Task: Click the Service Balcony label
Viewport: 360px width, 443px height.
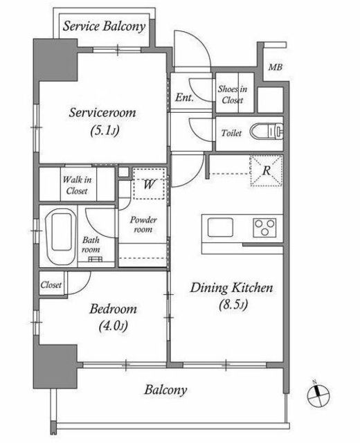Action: click(104, 26)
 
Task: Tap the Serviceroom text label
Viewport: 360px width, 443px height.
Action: click(102, 113)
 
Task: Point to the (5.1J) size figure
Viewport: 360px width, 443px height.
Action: click(105, 131)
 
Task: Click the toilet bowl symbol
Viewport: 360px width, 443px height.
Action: click(267, 132)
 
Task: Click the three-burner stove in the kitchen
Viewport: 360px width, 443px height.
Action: click(264, 228)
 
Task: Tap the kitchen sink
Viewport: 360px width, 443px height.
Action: click(220, 227)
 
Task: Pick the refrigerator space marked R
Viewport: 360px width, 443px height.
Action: click(266, 171)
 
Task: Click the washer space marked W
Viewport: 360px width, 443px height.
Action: click(149, 184)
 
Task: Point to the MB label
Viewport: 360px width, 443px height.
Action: click(276, 67)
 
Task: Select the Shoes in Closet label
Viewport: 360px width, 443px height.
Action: click(233, 95)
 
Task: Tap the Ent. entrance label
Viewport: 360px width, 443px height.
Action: click(185, 98)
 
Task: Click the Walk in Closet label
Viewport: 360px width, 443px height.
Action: click(77, 185)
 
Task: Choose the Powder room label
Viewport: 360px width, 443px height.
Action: click(143, 224)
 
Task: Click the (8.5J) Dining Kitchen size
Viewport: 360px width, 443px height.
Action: click(233, 305)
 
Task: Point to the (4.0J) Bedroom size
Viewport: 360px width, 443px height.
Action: click(113, 326)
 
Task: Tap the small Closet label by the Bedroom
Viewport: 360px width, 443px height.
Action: click(51, 284)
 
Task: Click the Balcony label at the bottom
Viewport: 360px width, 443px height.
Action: click(165, 390)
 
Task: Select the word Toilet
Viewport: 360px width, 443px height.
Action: click(231, 133)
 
